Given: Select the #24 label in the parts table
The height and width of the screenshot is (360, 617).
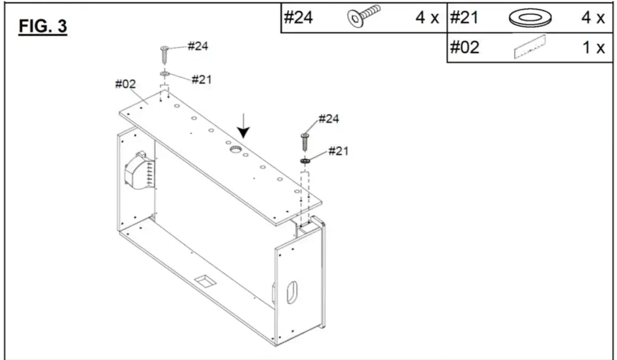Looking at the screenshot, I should click(297, 17).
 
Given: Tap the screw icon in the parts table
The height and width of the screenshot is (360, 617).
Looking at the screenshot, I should click(364, 16).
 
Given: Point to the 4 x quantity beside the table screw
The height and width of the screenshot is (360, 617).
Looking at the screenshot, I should click(427, 17).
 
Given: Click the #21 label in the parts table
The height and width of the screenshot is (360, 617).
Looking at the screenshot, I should click(464, 17).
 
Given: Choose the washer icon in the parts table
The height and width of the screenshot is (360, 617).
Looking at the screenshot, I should click(530, 17).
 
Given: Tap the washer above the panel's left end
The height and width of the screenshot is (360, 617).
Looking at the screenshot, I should click(164, 75).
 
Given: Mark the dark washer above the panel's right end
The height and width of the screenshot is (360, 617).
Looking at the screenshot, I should click(305, 161).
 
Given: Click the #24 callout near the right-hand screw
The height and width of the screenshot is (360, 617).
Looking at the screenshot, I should click(330, 119).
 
